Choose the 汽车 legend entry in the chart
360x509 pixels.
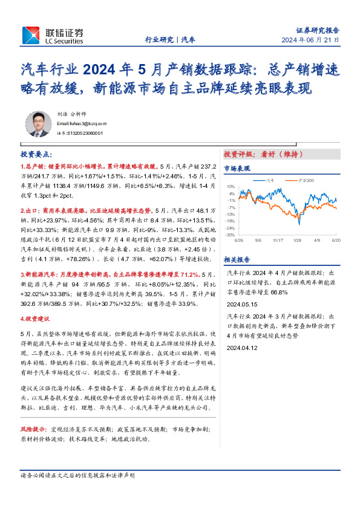tap(270, 180)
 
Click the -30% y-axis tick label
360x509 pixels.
tap(230, 235)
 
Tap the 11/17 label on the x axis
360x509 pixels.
tap(278, 239)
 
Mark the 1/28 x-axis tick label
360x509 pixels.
tap(297, 239)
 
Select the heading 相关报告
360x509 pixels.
tap(237, 259)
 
